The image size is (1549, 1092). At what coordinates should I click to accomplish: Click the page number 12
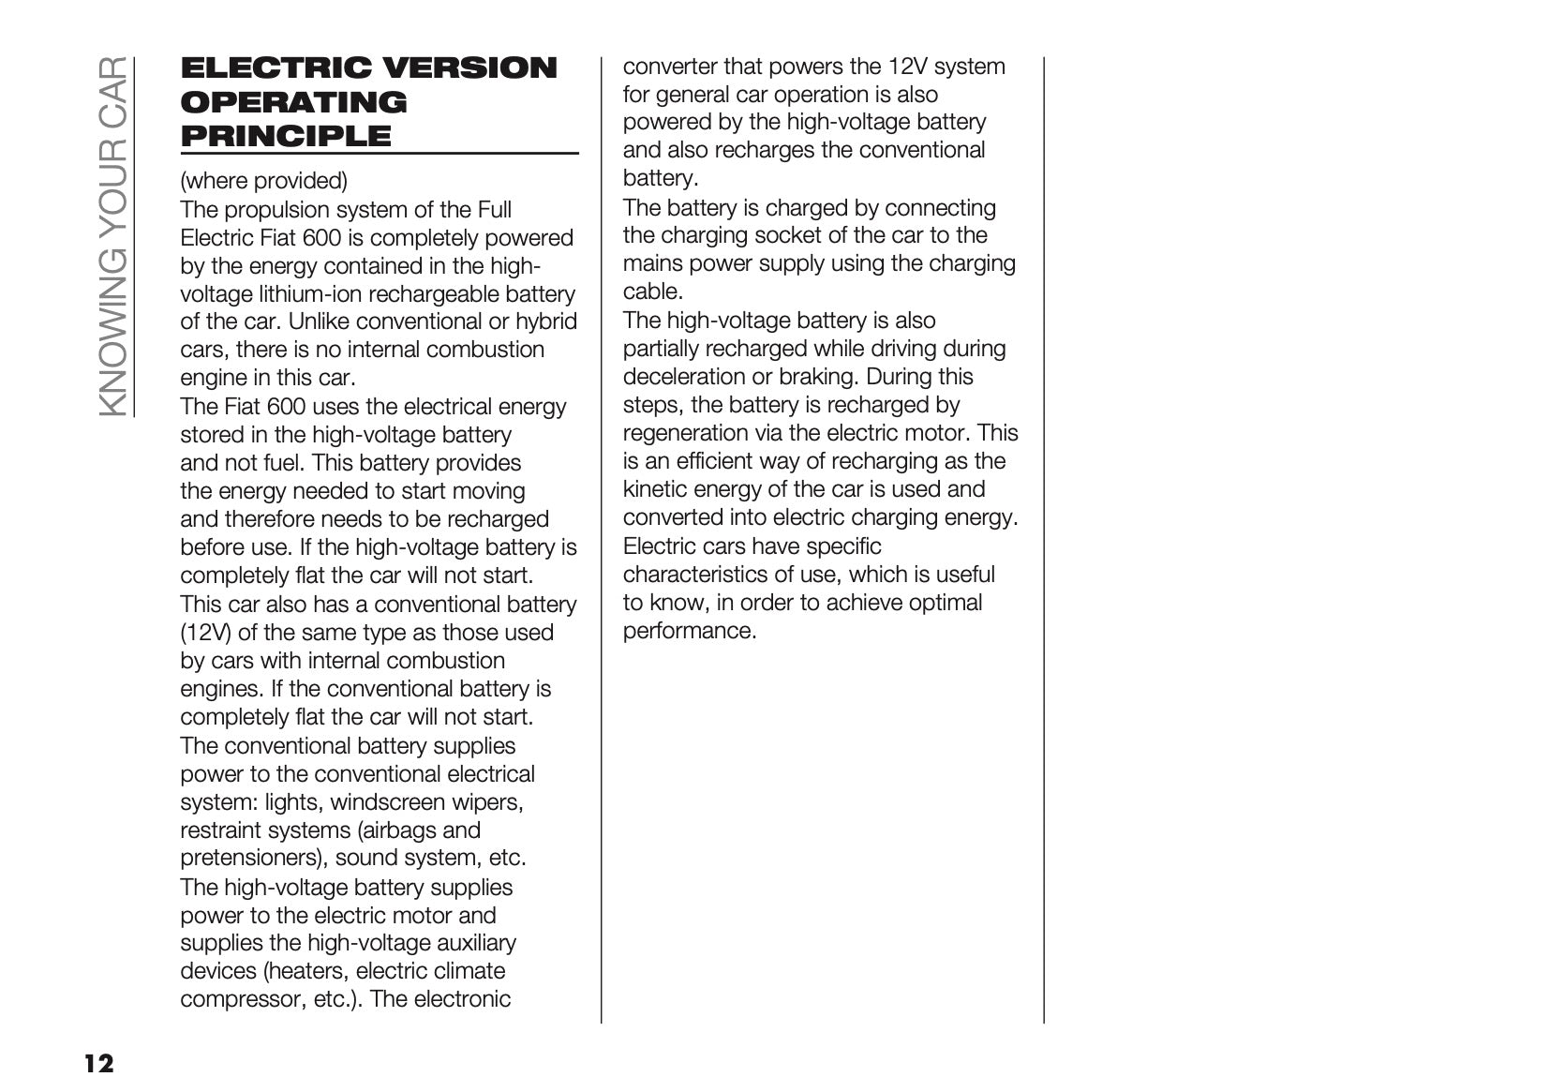(x=98, y=1063)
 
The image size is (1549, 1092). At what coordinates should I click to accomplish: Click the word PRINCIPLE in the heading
(x=286, y=136)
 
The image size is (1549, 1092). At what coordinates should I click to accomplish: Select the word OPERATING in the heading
(x=293, y=102)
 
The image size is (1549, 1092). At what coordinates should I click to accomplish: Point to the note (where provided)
(x=263, y=180)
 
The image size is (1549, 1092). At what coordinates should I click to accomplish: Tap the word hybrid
(x=546, y=322)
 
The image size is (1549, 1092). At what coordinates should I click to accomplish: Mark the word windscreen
(x=388, y=802)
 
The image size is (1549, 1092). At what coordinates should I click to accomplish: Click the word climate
(x=469, y=971)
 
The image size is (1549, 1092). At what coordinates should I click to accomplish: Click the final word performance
(x=689, y=631)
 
